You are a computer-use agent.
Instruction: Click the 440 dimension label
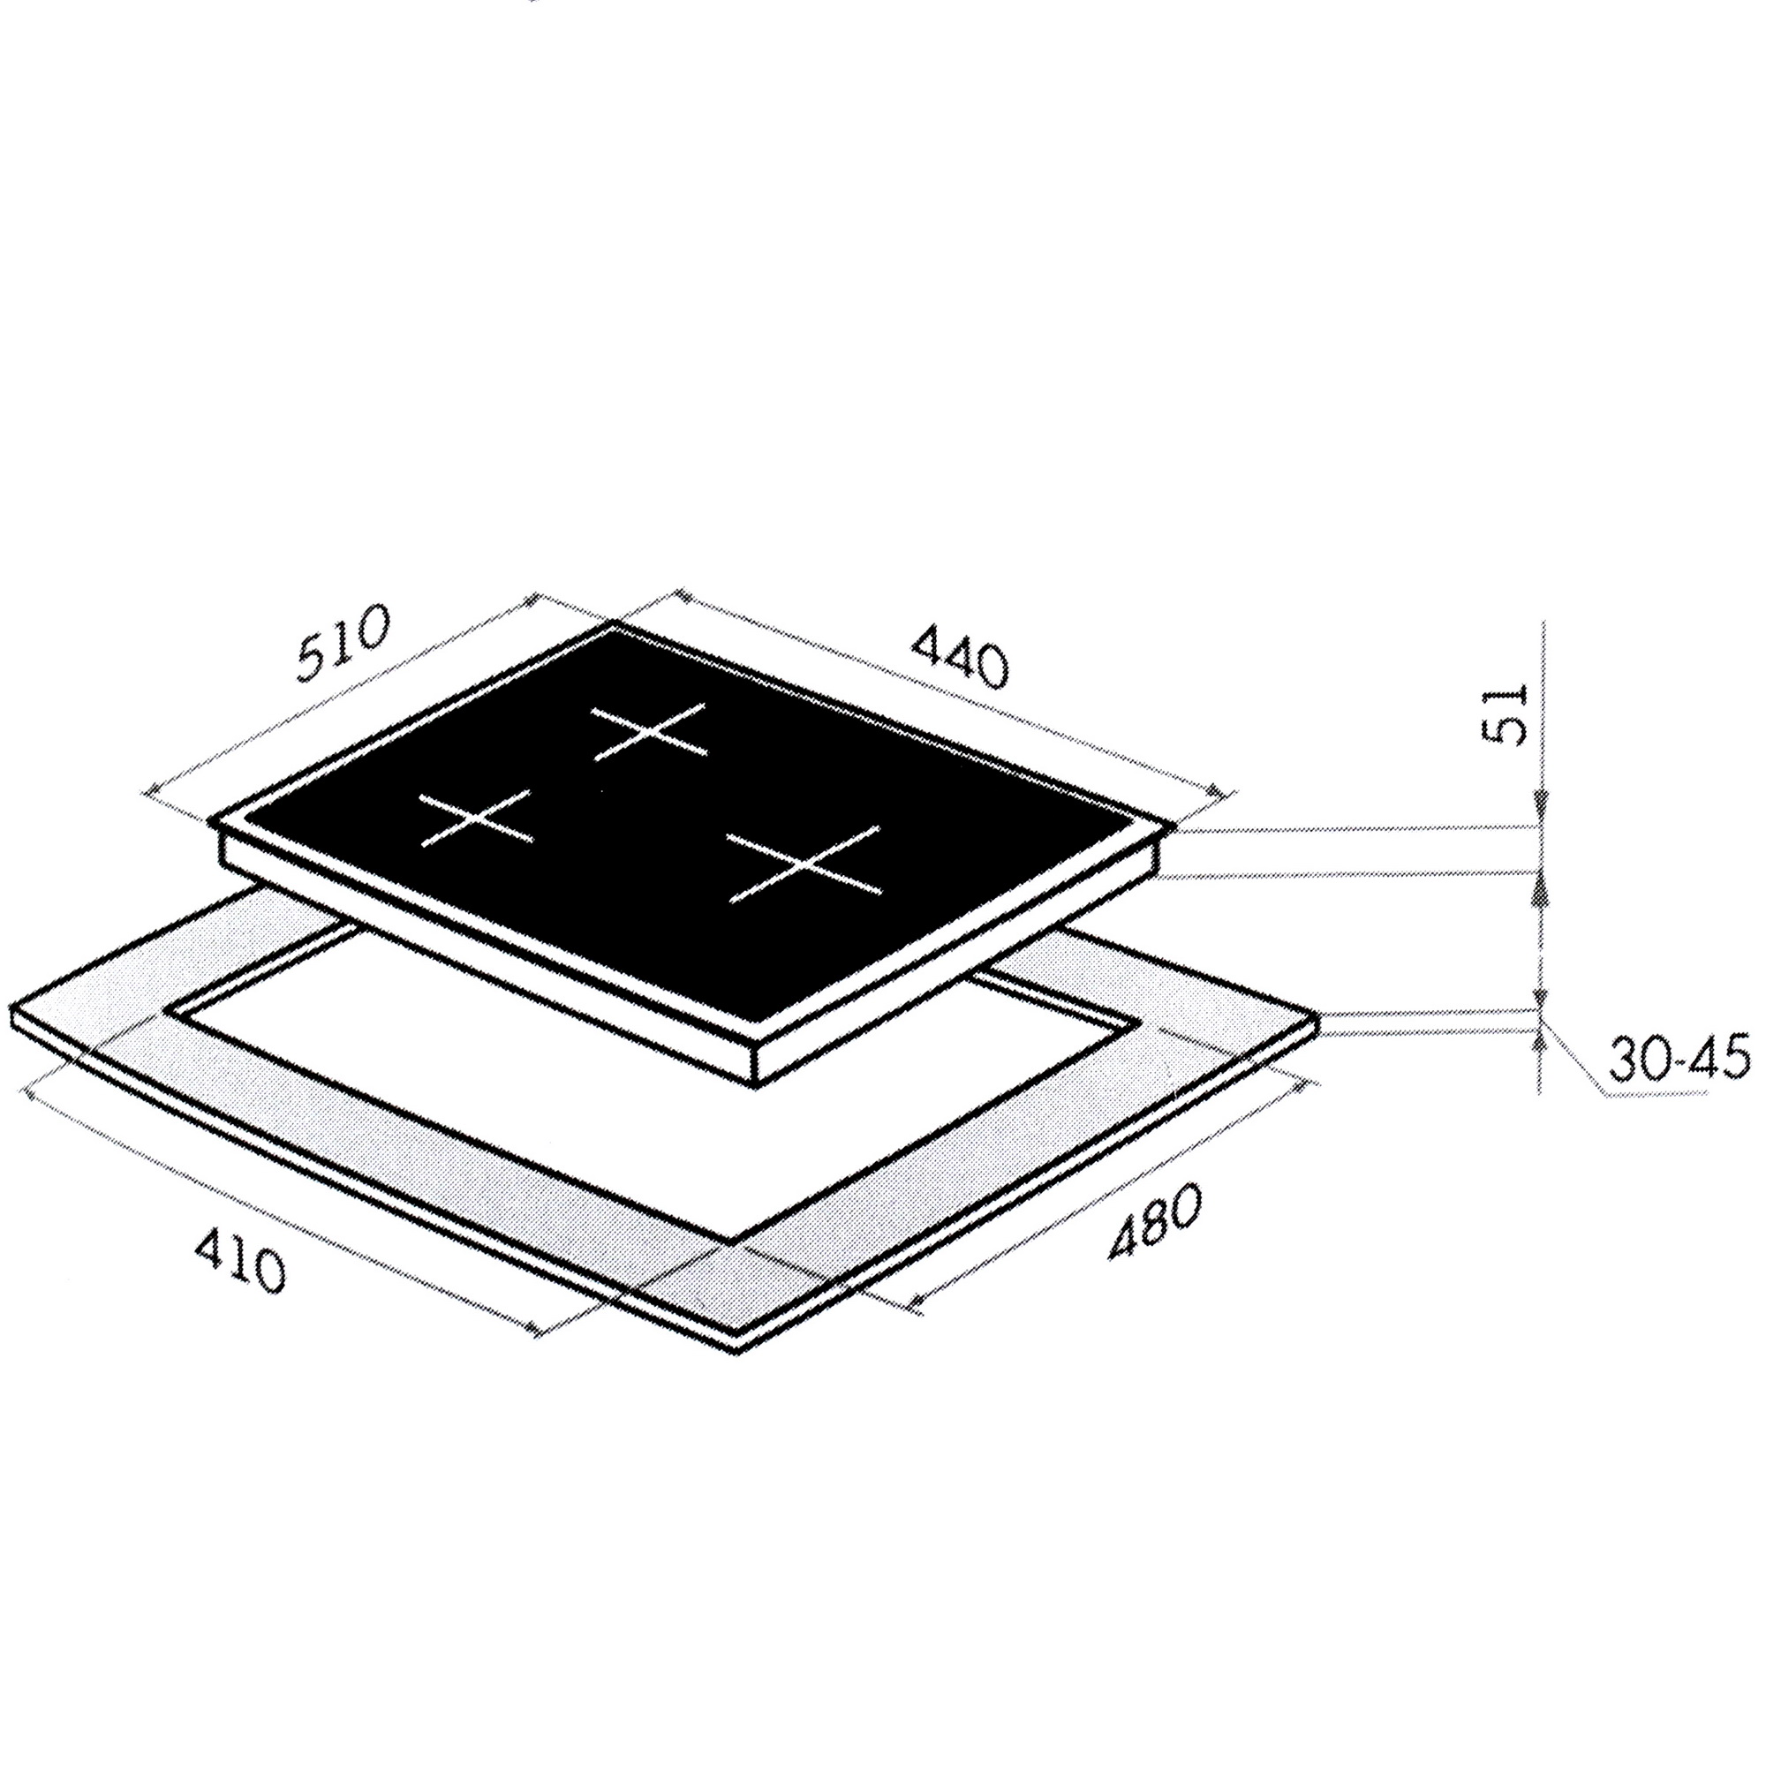tap(961, 655)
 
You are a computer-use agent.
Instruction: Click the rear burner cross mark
tap(650, 731)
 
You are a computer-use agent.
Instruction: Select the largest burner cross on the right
tap(804, 863)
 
